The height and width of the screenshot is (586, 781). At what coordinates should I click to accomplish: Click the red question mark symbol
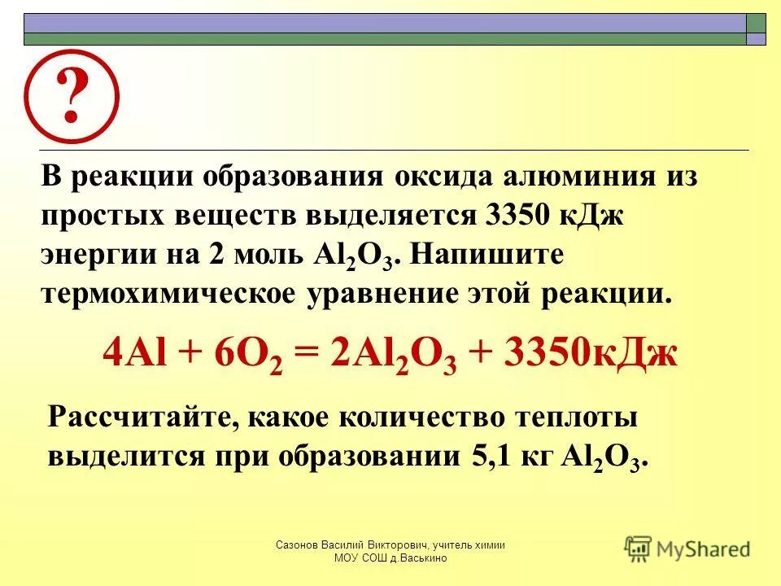71,97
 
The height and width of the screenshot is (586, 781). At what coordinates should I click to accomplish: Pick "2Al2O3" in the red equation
392,356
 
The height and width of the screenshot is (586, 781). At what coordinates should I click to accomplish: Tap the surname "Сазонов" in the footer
300,544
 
